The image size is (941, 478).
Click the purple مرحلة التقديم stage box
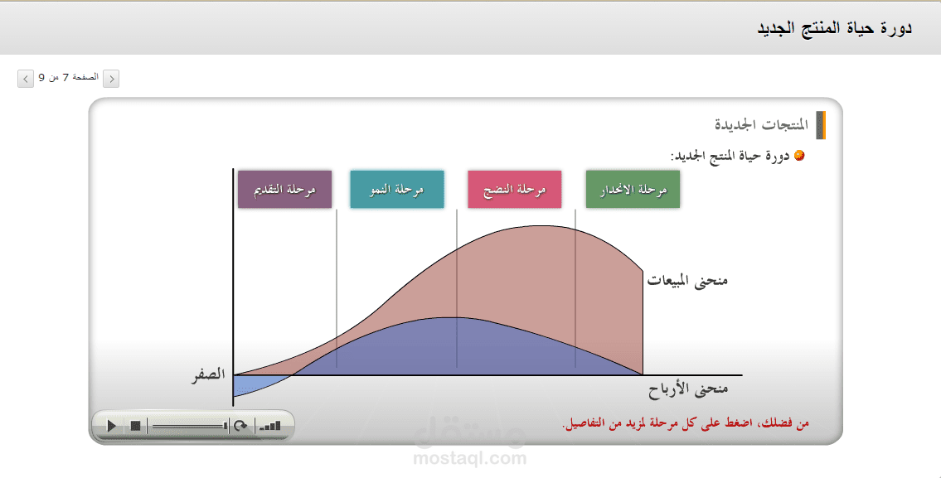tap(284, 190)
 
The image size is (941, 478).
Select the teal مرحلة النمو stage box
tap(396, 190)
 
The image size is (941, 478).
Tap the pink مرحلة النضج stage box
tap(514, 190)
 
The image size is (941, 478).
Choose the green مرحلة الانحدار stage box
tap(633, 190)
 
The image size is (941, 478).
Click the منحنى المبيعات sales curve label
tap(687, 281)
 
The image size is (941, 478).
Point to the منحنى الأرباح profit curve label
tap(688, 390)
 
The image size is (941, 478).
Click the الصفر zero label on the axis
tap(209, 375)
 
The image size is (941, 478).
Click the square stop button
tap(135, 426)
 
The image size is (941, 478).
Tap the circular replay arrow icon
tap(240, 426)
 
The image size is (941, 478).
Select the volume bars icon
tap(269, 427)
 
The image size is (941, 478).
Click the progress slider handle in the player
tap(225, 426)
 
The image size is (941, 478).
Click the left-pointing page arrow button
tap(25, 79)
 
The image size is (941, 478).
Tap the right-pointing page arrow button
tap(111, 79)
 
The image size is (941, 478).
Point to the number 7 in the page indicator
tap(65, 77)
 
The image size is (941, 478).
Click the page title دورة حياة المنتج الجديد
tap(834, 27)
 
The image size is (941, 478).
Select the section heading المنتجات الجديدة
tap(762, 125)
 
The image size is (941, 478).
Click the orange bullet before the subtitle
tap(798, 156)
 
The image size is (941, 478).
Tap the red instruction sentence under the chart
tap(686, 423)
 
